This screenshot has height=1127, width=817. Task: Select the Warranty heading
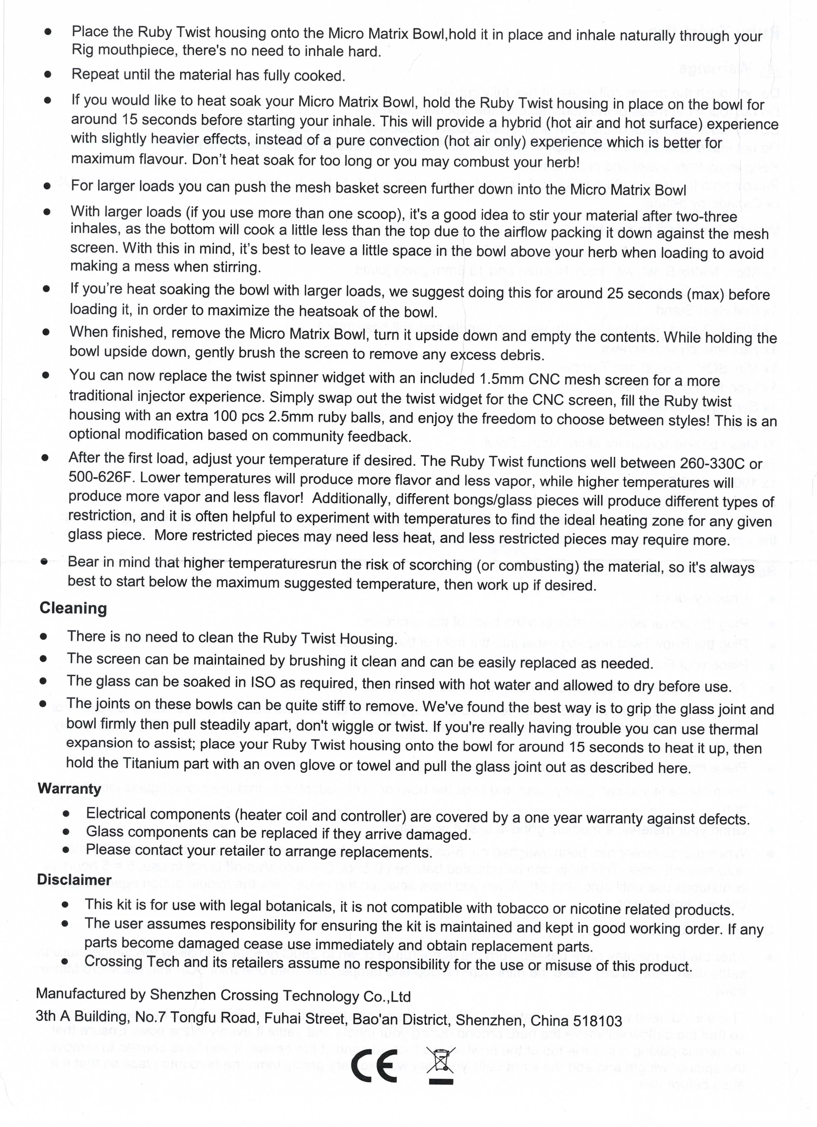click(69, 789)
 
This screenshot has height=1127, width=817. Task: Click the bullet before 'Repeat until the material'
click(48, 74)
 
